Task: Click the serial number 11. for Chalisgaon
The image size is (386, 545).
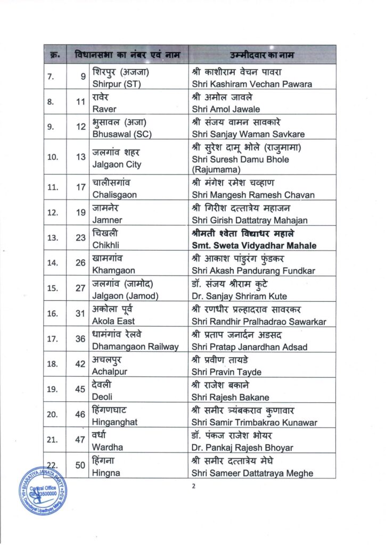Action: point(53,188)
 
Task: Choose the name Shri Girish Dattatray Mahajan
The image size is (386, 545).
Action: point(249,220)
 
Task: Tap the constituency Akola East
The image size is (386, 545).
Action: point(113,321)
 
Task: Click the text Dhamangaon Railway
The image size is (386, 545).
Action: point(135,346)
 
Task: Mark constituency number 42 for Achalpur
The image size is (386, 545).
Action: point(80,365)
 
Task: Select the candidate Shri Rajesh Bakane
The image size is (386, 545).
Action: point(230,397)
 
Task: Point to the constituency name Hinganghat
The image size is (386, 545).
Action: point(115,423)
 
